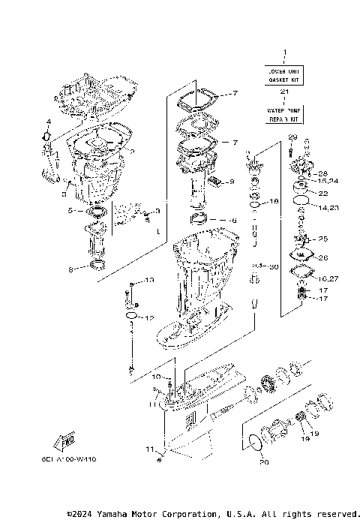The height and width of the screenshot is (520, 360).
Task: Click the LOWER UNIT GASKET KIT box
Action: (x=284, y=74)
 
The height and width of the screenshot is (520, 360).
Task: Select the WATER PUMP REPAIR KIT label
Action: (x=284, y=115)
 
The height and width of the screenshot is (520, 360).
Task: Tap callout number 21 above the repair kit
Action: (x=284, y=92)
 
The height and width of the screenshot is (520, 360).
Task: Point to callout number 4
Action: (x=48, y=122)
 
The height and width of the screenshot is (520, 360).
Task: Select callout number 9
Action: (x=232, y=182)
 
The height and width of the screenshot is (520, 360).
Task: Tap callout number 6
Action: (x=233, y=221)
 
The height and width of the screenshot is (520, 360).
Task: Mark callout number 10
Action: (x=156, y=376)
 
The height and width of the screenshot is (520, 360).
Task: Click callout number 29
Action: (x=292, y=136)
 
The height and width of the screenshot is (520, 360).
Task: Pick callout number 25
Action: (x=323, y=239)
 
